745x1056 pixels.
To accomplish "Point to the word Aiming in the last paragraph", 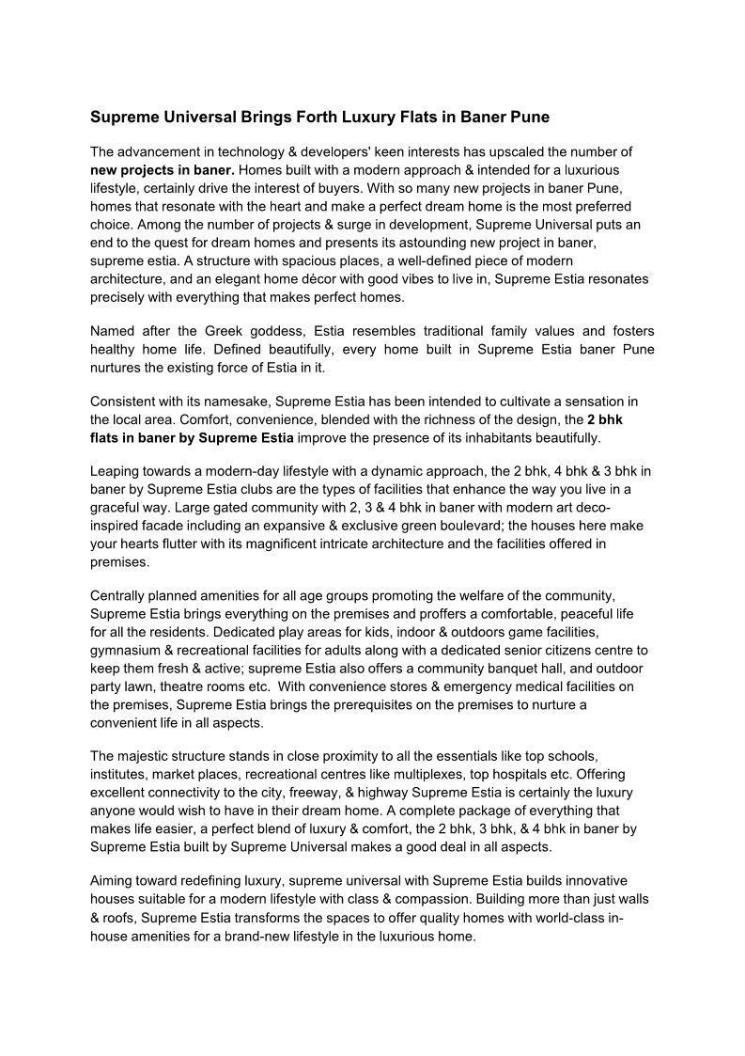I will click(112, 880).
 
